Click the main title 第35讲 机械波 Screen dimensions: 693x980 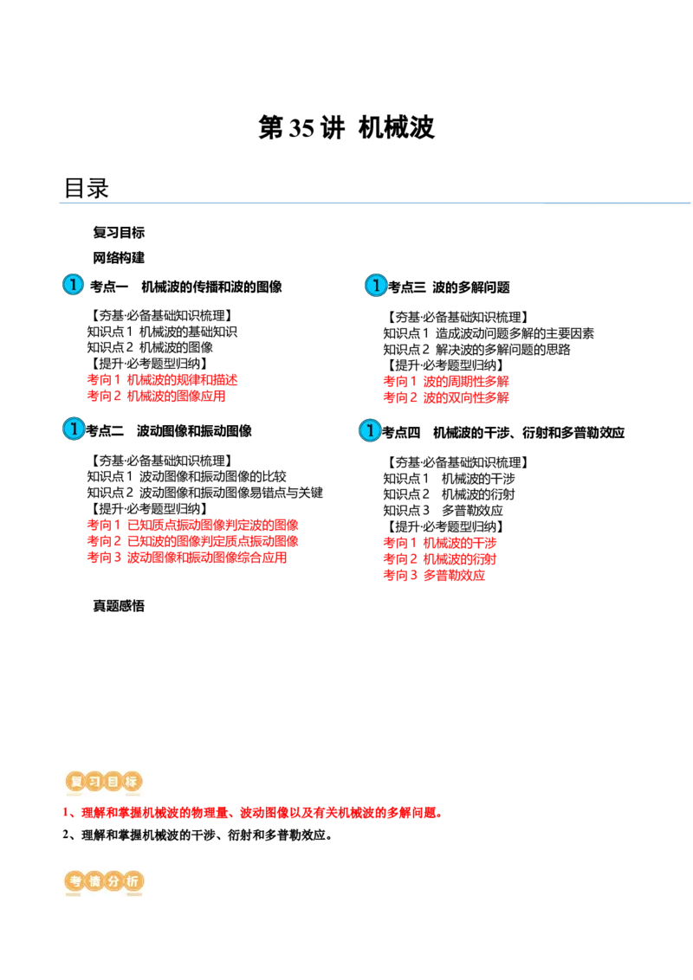[x=346, y=127]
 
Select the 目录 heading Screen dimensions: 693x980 [x=87, y=188]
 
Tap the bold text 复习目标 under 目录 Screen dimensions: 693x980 [x=119, y=233]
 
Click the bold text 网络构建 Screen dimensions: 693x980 [x=119, y=257]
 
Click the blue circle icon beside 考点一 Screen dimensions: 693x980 [x=73, y=284]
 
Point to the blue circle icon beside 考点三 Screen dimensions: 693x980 [x=375, y=285]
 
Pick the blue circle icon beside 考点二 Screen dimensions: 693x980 [x=73, y=429]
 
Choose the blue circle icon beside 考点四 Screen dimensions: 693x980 [x=370, y=430]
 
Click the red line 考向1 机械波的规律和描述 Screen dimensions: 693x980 [x=162, y=379]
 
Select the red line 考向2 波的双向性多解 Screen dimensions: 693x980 [x=446, y=397]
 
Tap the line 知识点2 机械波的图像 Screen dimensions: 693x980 [x=150, y=347]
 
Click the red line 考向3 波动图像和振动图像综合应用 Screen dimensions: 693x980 [x=187, y=557]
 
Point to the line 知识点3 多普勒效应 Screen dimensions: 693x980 [x=444, y=510]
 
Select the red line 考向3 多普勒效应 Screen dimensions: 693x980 [x=434, y=575]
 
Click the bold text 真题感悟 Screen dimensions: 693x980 [x=119, y=606]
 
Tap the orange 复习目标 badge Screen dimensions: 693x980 [x=104, y=781]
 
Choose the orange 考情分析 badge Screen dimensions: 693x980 [x=104, y=881]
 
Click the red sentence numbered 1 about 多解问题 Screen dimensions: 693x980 [x=253, y=813]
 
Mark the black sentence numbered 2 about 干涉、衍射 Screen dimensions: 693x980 [x=197, y=835]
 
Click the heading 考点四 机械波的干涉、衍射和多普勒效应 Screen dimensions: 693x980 [x=503, y=433]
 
